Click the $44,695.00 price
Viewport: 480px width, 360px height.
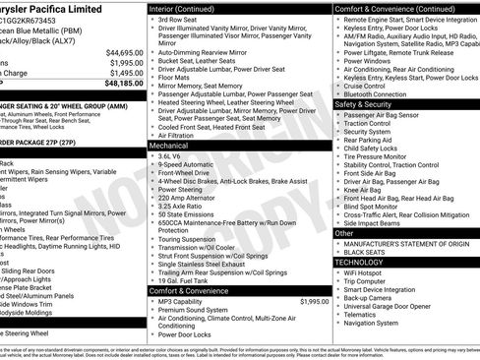point(124,52)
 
